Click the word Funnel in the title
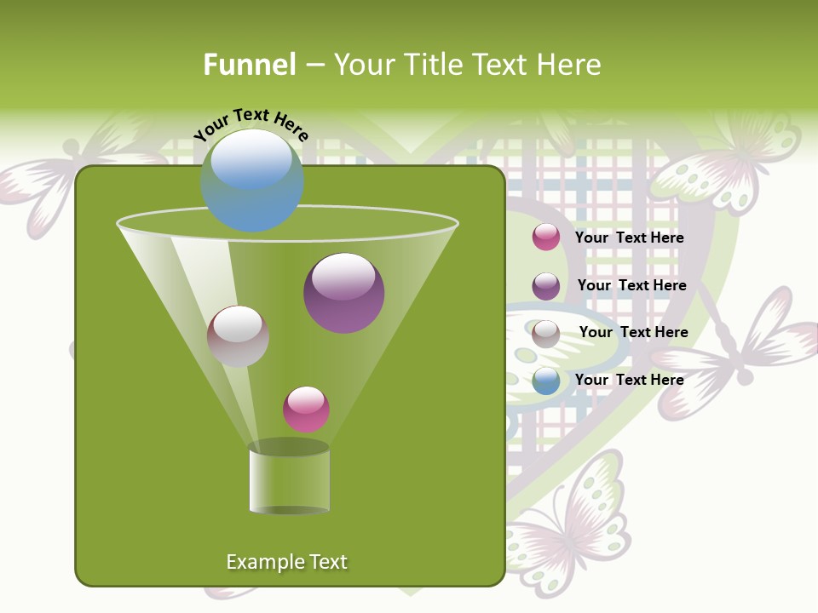click(x=249, y=65)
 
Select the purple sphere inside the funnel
click(x=343, y=293)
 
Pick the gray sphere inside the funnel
click(x=238, y=336)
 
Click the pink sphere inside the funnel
click(x=306, y=410)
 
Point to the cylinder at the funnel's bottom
click(x=289, y=478)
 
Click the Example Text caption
click(x=286, y=562)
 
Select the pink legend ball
click(x=546, y=237)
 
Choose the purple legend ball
click(x=546, y=286)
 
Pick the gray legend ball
click(x=546, y=334)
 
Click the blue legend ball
click(x=546, y=381)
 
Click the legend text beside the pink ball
click(x=629, y=238)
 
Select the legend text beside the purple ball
click(x=631, y=285)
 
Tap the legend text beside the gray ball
click(x=633, y=332)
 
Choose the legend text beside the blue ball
click(x=629, y=380)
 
